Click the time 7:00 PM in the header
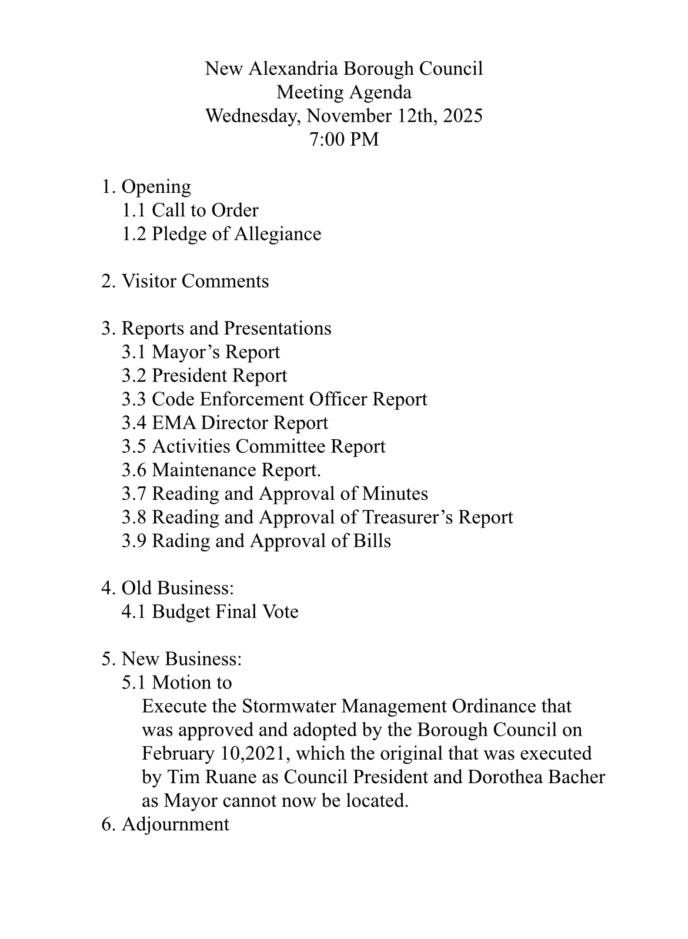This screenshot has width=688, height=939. pos(343,139)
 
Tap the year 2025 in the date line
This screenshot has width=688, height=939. pos(462,116)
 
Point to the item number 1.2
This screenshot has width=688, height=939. pos(133,234)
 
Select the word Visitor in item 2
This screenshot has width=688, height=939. pos(148,281)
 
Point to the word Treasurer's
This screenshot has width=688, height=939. pos(408,517)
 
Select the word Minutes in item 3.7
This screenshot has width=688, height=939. pos(395,493)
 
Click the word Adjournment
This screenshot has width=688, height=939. pos(175,824)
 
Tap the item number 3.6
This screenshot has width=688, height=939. pos(133,470)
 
